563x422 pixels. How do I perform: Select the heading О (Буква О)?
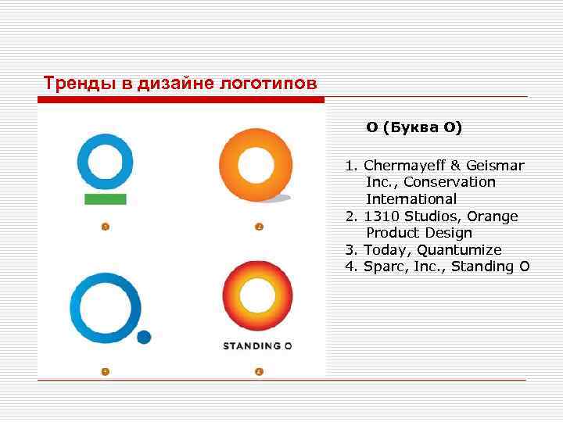click(x=414, y=127)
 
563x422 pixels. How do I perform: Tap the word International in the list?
click(x=411, y=199)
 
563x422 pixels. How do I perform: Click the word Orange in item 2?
click(x=492, y=216)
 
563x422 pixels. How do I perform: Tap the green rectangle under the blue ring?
click(x=105, y=199)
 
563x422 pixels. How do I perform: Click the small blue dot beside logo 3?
click(x=144, y=337)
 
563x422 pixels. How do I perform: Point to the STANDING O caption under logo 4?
click(x=257, y=345)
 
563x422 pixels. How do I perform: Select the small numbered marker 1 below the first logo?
click(x=104, y=227)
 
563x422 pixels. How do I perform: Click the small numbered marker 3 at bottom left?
click(x=104, y=370)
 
